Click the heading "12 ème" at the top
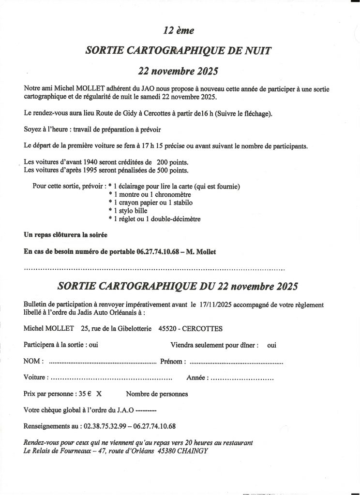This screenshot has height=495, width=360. click(x=179, y=30)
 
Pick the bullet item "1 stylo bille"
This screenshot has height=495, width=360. click(x=132, y=211)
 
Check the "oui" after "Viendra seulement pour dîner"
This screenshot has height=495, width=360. click(x=271, y=345)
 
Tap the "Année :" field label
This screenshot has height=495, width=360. click(x=197, y=378)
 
